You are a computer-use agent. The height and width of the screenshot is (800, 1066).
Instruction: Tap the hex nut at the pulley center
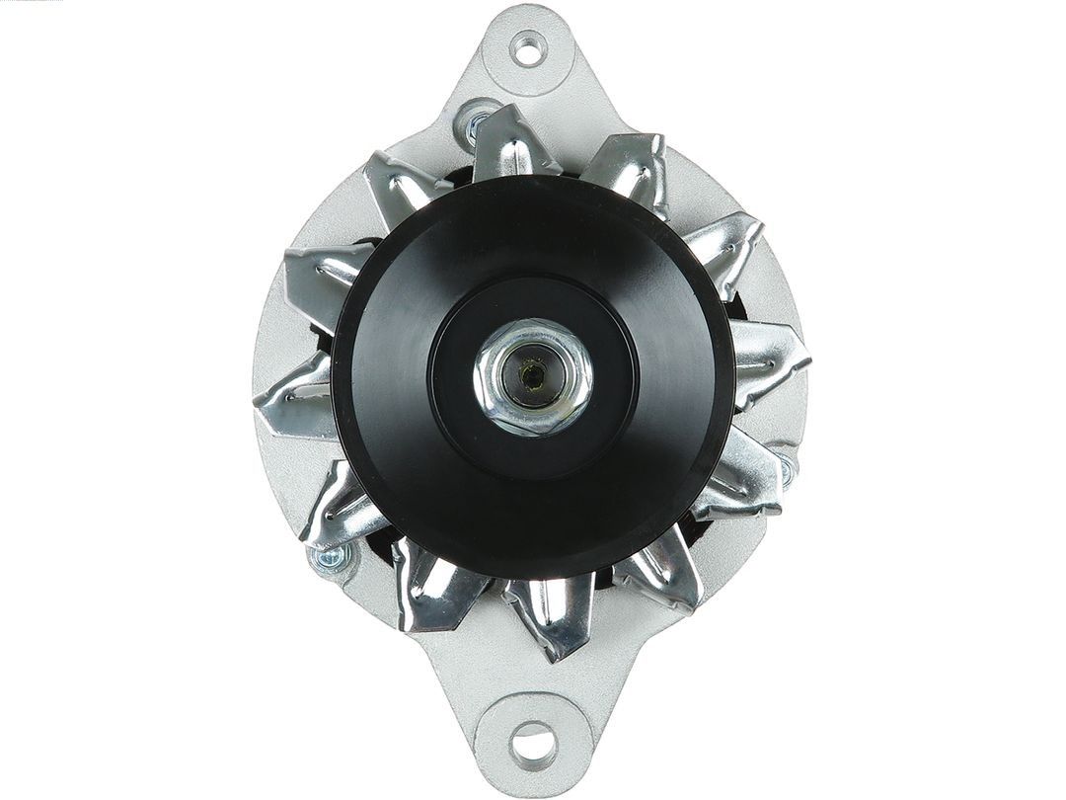(533, 375)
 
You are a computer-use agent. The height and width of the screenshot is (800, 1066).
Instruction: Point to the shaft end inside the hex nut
(532, 375)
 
